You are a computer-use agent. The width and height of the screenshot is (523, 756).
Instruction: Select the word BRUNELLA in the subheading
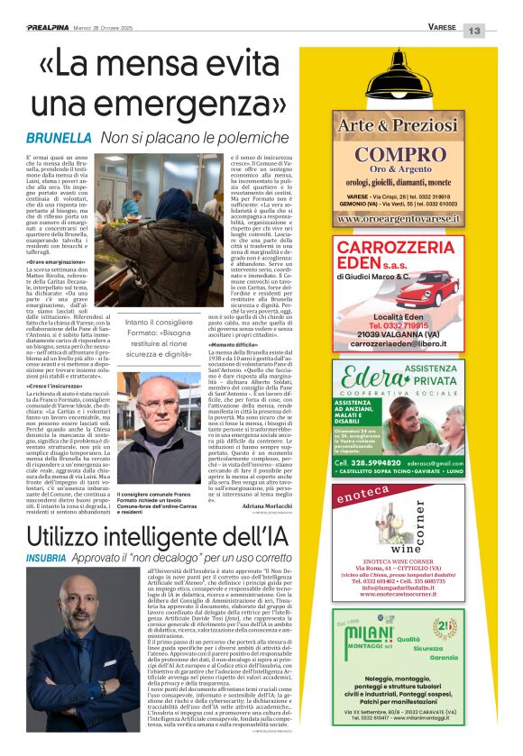pos(59,139)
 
